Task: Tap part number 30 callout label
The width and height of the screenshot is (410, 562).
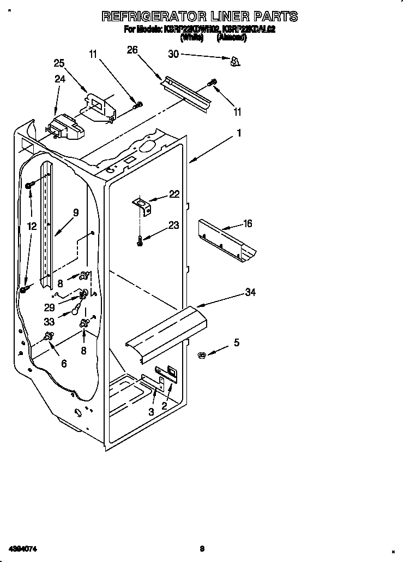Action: (173, 54)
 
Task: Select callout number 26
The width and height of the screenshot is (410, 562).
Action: (132, 50)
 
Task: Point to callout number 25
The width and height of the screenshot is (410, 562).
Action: (59, 63)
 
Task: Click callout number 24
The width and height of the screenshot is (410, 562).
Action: (60, 79)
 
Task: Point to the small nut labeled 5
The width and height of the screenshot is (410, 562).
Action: (201, 356)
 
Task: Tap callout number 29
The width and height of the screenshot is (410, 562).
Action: (49, 307)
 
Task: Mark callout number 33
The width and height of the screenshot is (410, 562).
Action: (49, 322)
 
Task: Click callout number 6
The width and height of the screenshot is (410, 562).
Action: (64, 363)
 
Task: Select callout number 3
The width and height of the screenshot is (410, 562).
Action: (151, 412)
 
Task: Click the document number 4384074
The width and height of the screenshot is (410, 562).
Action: (23, 548)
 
